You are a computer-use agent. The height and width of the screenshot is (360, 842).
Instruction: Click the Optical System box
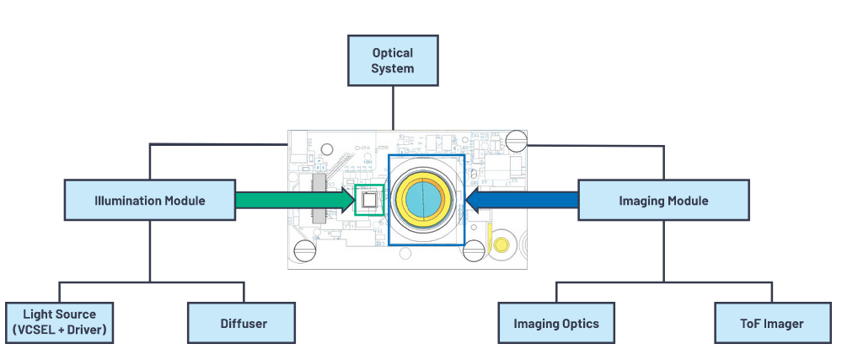393,60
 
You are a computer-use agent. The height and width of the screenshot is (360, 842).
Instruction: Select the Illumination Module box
150,201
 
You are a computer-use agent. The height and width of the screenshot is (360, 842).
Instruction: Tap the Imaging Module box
663,201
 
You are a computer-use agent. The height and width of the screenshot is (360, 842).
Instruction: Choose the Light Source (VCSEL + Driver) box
60,320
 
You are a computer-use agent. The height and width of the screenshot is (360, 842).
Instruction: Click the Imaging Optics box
556,323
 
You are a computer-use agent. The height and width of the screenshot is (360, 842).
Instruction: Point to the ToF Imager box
771,323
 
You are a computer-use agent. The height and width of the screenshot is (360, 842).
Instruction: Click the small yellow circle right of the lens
501,245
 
